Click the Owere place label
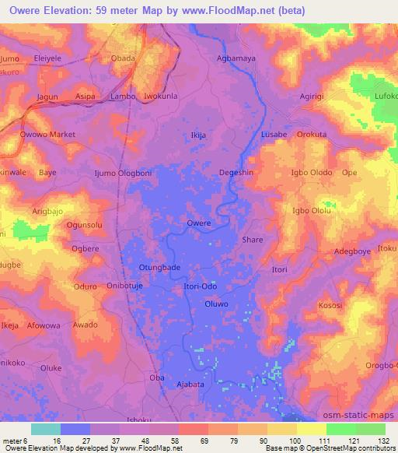coord(199,223)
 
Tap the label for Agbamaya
coord(235,58)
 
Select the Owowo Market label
coord(47,134)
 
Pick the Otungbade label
coord(159,267)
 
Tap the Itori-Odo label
coord(200,286)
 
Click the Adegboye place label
coord(352,251)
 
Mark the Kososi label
coord(329,306)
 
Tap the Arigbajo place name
coord(51,211)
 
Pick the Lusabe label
coord(274,134)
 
